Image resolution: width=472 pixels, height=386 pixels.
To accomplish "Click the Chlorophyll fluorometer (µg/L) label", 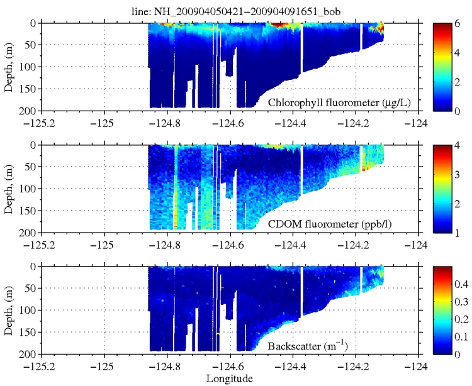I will tap(327, 102).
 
